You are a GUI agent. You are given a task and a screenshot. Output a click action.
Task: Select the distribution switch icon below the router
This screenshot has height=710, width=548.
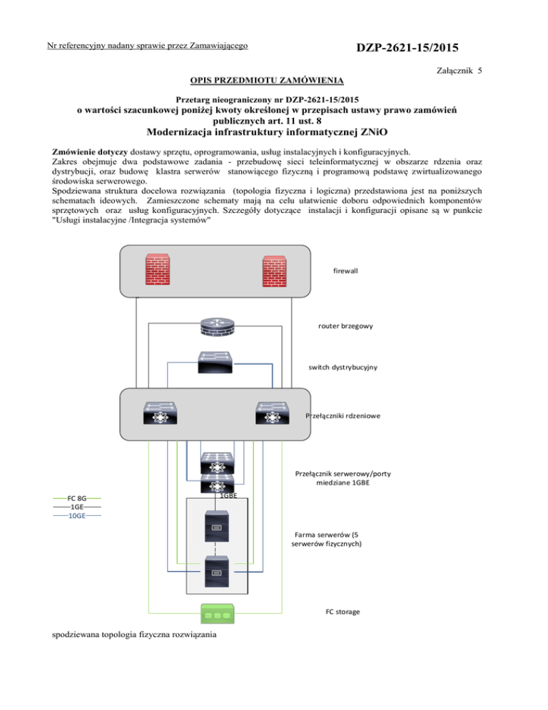click(x=215, y=362)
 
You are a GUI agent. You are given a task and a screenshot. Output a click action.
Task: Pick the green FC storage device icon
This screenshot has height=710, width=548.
click(x=215, y=612)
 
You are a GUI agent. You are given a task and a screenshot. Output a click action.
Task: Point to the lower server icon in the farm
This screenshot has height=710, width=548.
click(x=215, y=570)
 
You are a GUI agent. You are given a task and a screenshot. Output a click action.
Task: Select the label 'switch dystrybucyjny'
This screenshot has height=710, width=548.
click(x=343, y=366)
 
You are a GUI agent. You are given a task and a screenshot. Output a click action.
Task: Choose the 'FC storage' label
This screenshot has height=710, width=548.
click(x=343, y=612)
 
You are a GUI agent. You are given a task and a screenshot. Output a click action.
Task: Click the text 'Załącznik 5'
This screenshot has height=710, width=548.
click(x=453, y=71)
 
